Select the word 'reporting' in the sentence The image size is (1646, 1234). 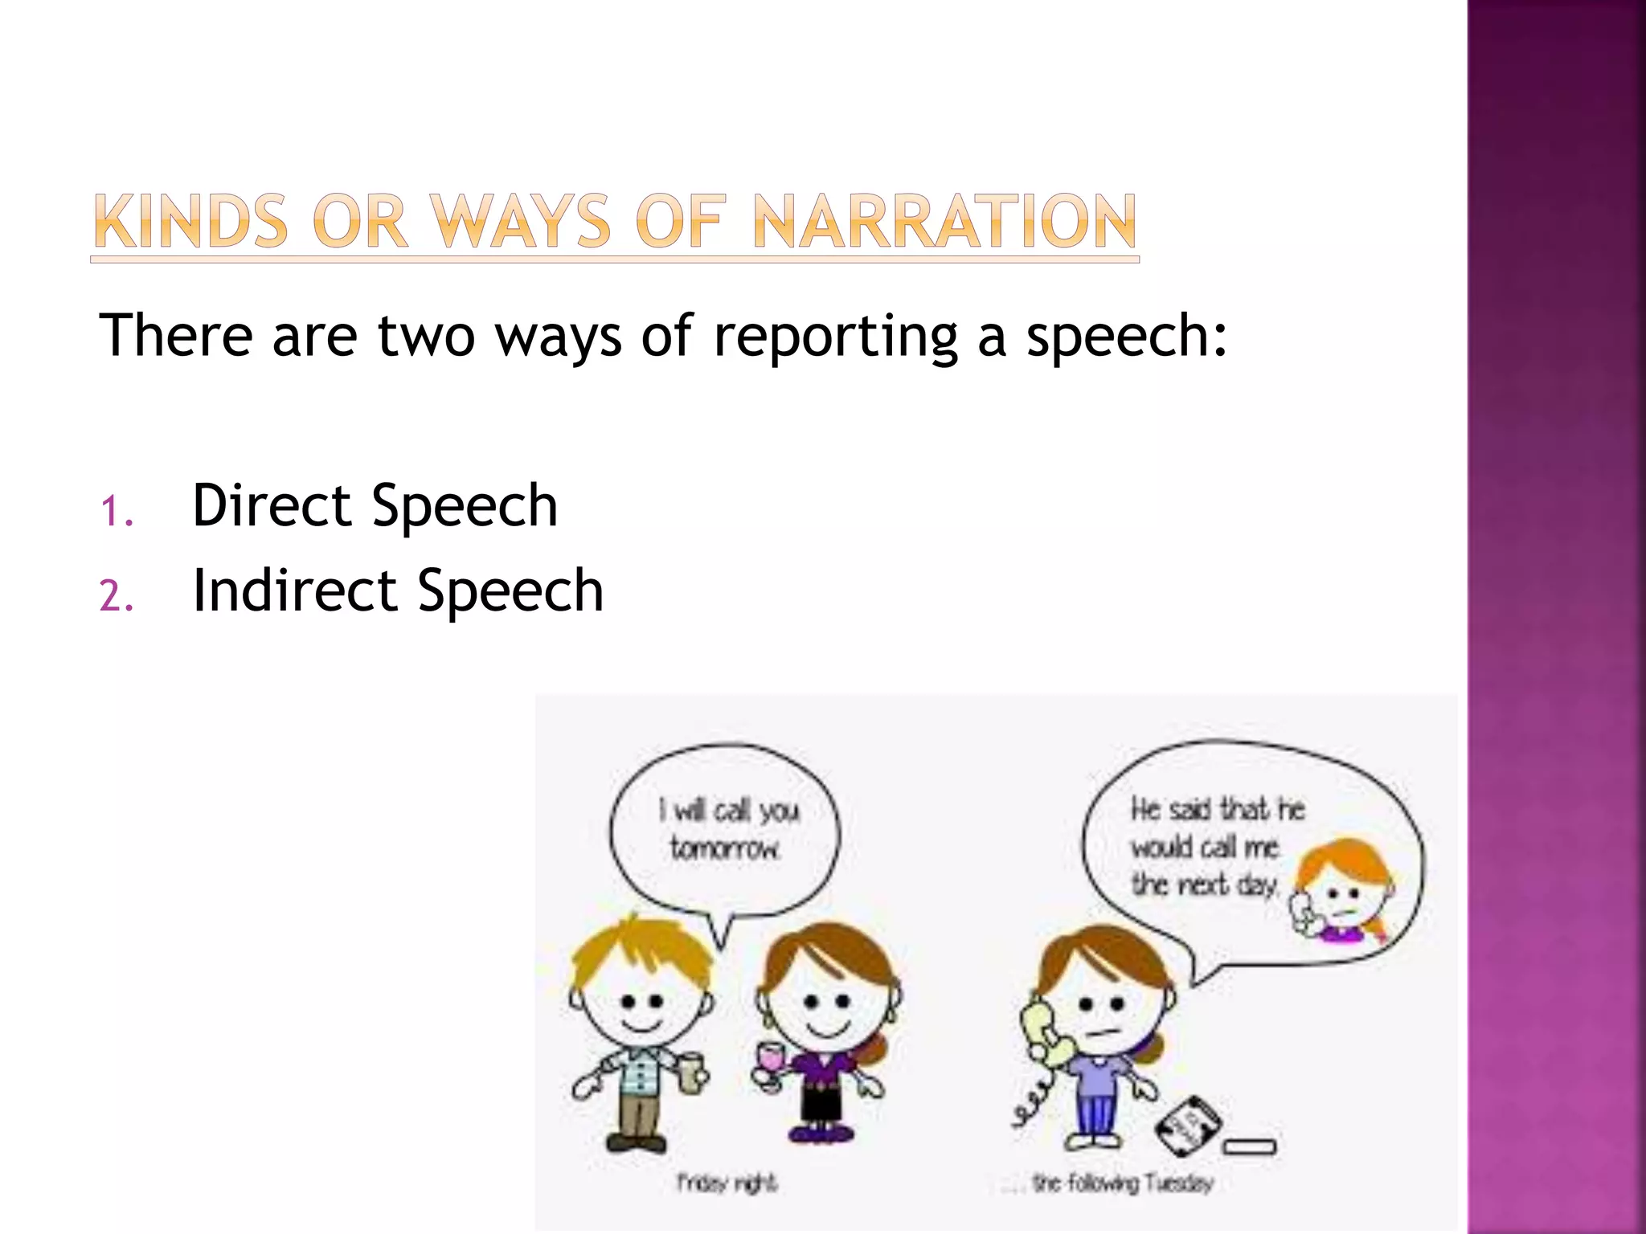tap(836, 336)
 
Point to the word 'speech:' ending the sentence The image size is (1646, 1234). tap(1127, 336)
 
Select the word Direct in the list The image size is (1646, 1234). tap(272, 505)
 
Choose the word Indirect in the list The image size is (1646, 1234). tap(294, 590)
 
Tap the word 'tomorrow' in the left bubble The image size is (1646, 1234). tap(724, 848)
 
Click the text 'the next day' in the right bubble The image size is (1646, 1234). tap(1203, 885)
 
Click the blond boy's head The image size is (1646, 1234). tap(641, 992)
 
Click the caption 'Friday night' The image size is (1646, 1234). tap(727, 1183)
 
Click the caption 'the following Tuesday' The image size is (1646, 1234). tap(1122, 1183)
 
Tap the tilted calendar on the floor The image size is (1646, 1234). tap(1188, 1125)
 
